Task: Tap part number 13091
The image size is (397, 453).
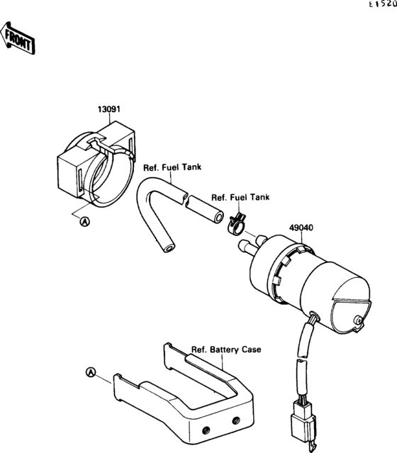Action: coord(108,110)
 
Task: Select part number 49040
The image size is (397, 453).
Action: coord(301,228)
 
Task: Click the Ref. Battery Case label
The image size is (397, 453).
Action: coord(226,349)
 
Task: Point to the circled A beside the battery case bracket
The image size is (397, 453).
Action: coord(89,371)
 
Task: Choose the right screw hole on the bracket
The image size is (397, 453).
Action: coord(235,420)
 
